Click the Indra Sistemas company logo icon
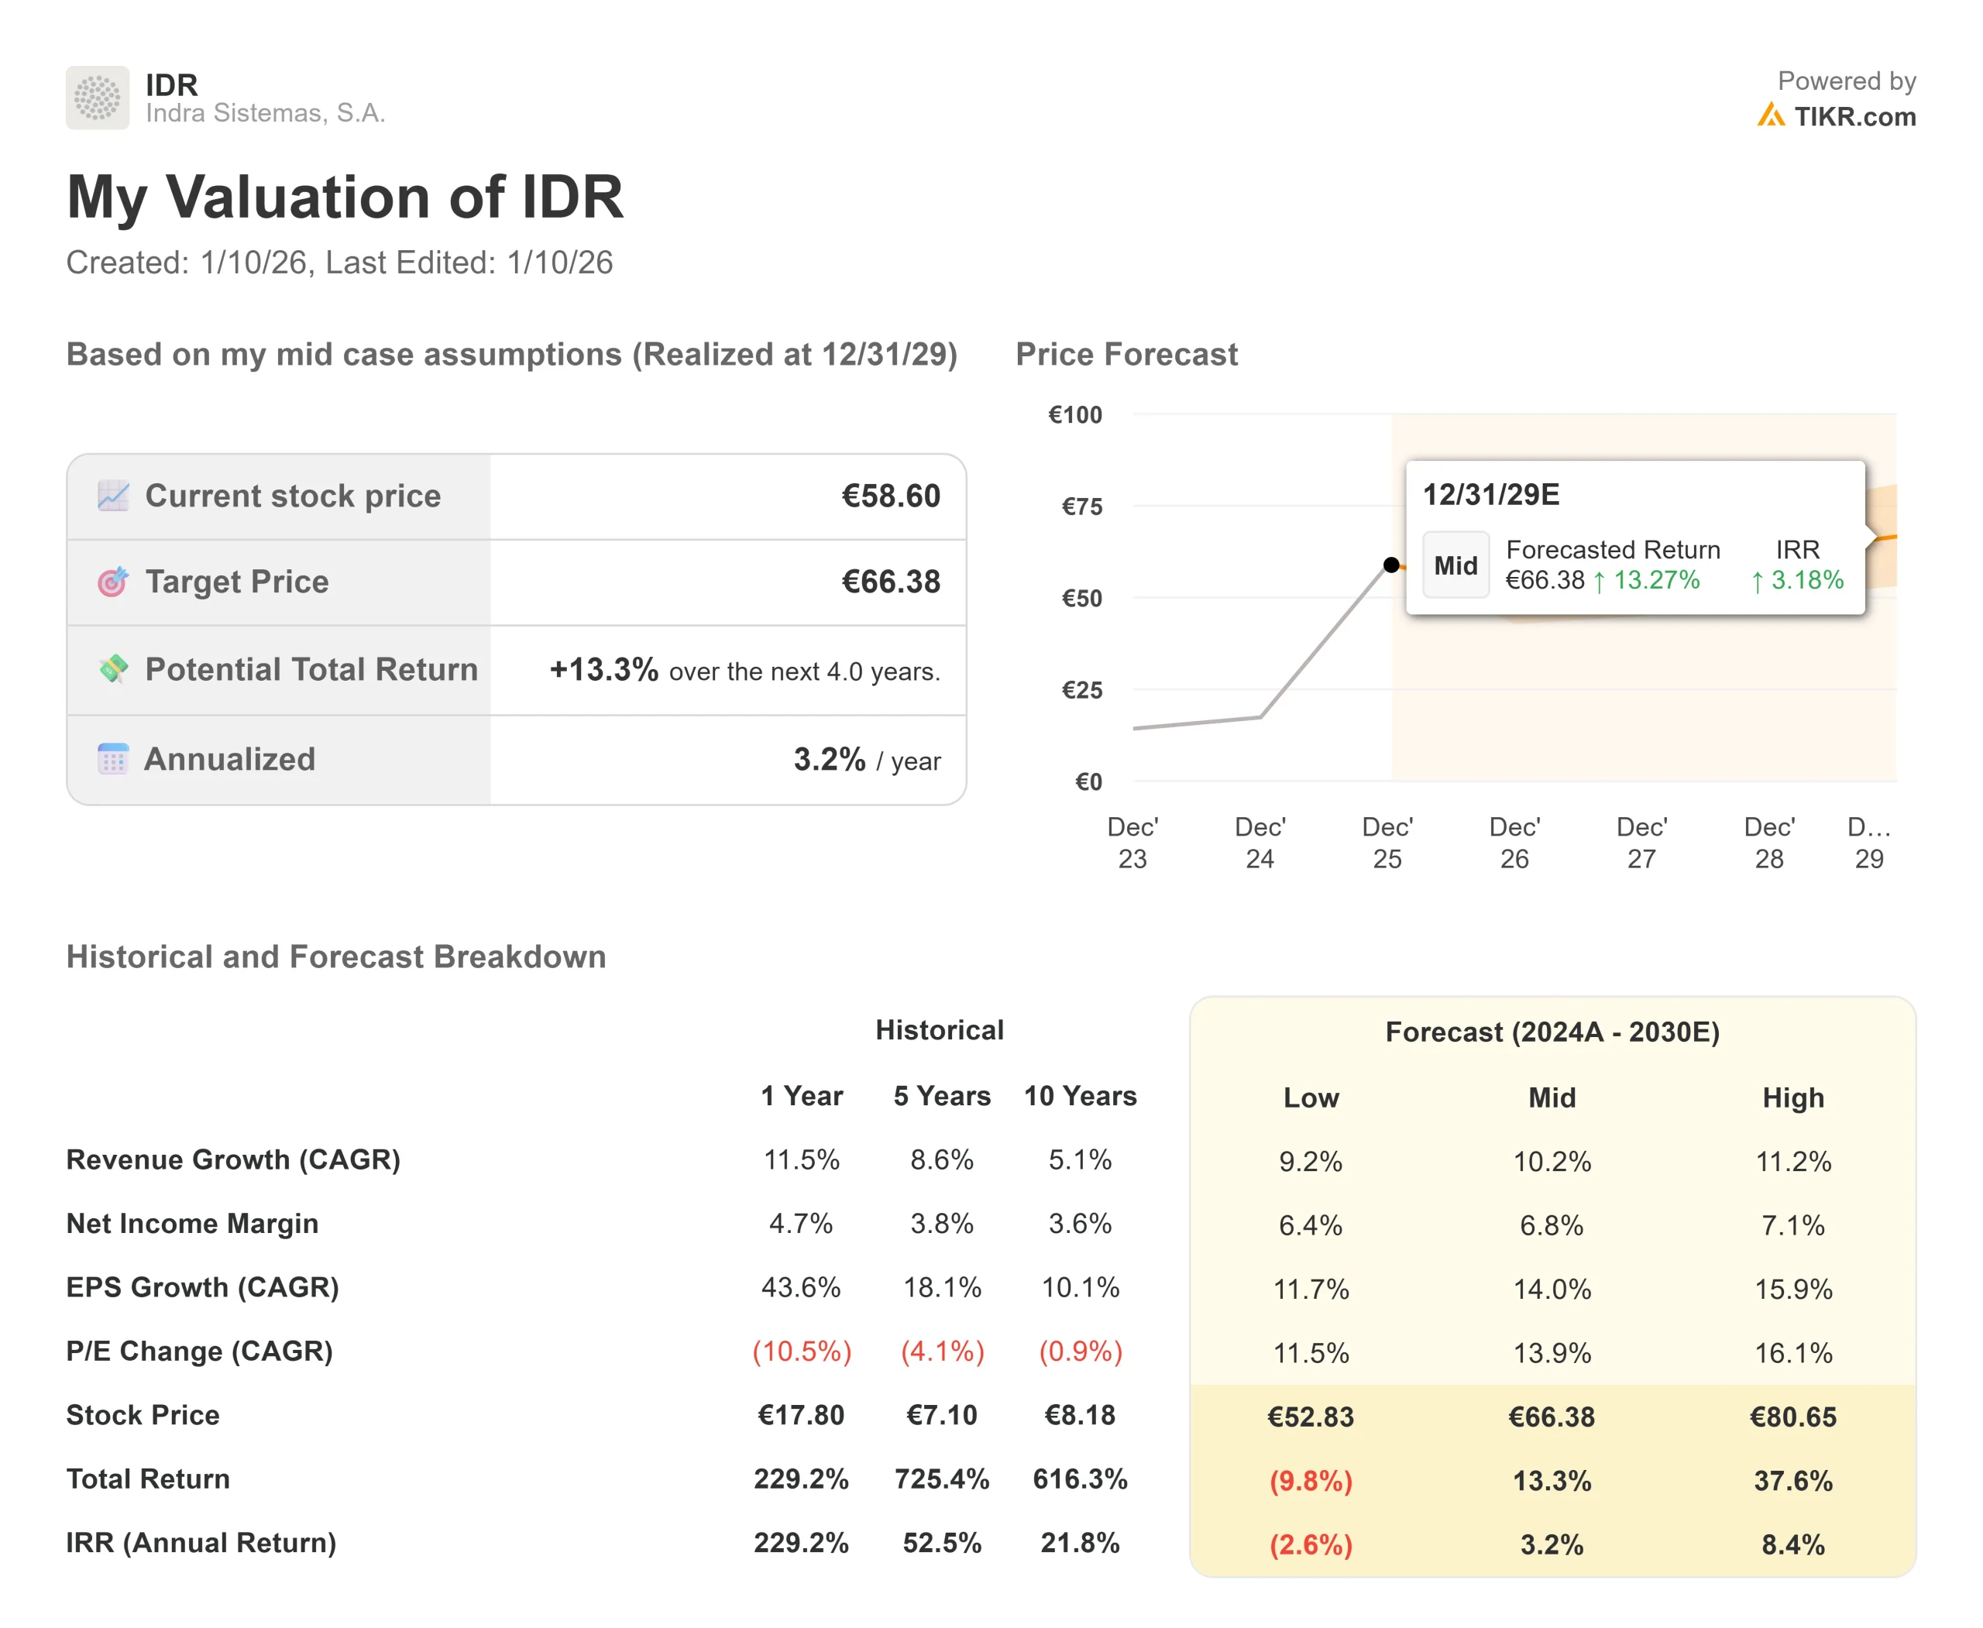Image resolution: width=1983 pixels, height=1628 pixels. point(98,98)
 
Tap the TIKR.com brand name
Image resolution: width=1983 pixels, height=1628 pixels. point(1854,116)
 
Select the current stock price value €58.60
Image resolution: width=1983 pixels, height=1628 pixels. point(890,496)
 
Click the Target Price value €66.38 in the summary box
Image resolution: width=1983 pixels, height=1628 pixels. point(890,582)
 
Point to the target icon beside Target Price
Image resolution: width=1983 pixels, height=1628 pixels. point(112,582)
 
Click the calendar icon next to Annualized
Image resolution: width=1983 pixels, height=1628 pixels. point(112,759)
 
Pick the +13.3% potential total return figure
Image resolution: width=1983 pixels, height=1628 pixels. point(603,670)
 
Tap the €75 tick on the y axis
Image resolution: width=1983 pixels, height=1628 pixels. point(1081,507)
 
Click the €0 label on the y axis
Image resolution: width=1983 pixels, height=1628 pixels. point(1088,781)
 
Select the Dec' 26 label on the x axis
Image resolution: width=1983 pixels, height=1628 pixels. point(1514,842)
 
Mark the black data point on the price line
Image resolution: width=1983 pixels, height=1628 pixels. point(1391,565)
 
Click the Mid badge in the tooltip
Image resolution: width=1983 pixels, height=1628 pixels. point(1455,565)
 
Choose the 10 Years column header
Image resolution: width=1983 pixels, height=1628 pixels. point(1080,1095)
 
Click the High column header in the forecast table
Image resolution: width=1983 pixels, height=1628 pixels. point(1792,1097)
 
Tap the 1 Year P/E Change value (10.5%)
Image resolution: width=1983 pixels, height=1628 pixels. point(801,1351)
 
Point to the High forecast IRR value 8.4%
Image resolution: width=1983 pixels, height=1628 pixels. point(1792,1544)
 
